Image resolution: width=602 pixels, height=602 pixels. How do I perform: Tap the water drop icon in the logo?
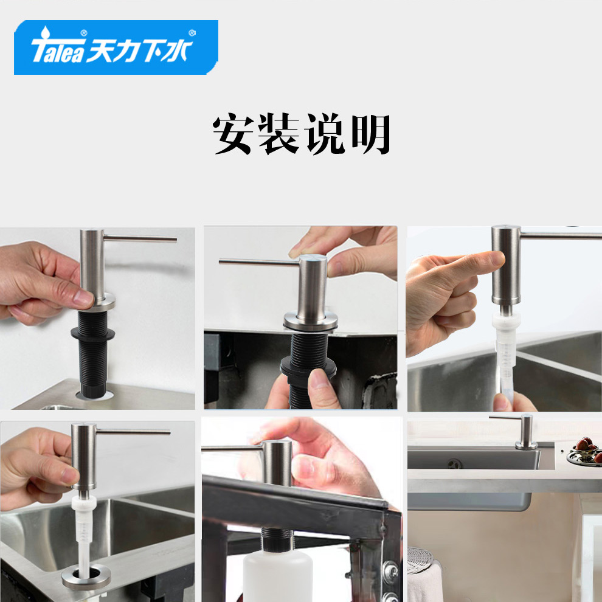click(x=46, y=32)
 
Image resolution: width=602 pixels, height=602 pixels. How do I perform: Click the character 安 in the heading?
click(x=233, y=134)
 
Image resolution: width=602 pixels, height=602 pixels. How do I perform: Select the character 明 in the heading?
click(x=371, y=134)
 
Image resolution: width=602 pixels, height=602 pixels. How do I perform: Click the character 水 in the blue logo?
click(x=176, y=50)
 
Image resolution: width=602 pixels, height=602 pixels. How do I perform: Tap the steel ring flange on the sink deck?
click(x=86, y=576)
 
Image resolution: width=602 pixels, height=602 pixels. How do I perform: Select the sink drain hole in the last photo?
click(x=455, y=464)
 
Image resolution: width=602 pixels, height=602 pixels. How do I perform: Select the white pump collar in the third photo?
click(x=506, y=320)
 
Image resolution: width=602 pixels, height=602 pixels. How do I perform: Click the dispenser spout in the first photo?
click(x=140, y=239)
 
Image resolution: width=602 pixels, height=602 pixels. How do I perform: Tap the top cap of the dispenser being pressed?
click(x=313, y=259)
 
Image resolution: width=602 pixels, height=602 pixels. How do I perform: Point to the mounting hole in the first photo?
click(x=94, y=395)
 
